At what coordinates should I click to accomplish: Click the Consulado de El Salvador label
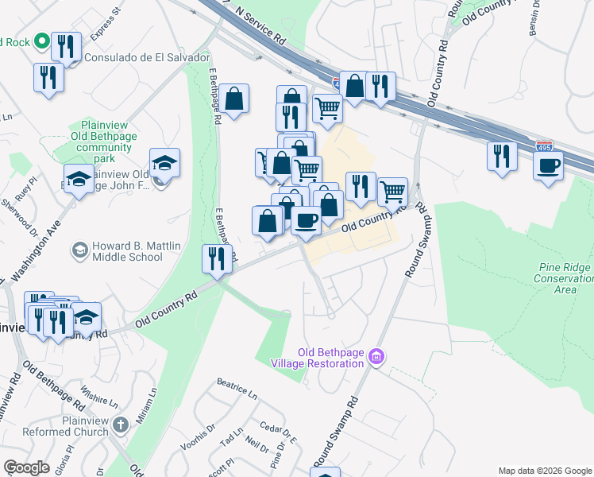click(x=147, y=58)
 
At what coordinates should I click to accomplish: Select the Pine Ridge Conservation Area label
click(x=565, y=278)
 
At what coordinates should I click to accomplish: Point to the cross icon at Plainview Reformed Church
click(x=120, y=425)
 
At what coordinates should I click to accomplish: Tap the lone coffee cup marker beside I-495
click(x=548, y=168)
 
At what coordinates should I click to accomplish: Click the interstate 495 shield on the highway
click(x=544, y=147)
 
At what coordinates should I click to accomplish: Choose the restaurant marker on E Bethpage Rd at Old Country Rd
click(x=216, y=258)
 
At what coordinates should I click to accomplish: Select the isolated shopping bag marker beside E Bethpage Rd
click(x=234, y=100)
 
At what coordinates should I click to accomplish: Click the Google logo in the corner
click(x=26, y=467)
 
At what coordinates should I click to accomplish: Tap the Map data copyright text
click(x=544, y=471)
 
